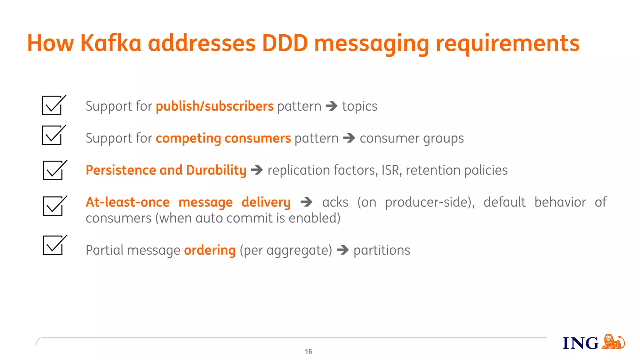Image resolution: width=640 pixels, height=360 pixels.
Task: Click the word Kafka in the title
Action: click(111, 43)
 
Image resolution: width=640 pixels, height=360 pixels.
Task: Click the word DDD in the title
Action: click(285, 43)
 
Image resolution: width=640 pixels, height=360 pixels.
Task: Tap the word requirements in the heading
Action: click(507, 44)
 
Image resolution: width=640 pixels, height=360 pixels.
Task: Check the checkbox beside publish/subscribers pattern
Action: click(52, 106)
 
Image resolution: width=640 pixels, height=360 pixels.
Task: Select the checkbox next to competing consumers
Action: click(52, 135)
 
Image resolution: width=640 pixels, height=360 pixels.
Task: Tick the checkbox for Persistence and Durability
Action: click(53, 171)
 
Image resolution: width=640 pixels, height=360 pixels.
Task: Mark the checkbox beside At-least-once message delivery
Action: click(53, 206)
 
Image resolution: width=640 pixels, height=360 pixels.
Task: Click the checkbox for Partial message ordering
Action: click(53, 245)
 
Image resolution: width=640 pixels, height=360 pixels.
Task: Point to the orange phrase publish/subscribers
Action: click(215, 106)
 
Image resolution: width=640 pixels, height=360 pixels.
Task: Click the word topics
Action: click(359, 107)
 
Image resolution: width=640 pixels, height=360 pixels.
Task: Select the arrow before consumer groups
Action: click(349, 138)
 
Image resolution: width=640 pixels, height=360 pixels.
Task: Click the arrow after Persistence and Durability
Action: click(257, 170)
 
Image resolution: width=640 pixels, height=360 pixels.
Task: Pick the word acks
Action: click(335, 202)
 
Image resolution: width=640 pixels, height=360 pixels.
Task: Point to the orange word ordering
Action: click(210, 250)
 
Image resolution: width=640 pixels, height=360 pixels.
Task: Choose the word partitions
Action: click(382, 250)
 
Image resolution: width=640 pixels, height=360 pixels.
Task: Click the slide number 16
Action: click(308, 352)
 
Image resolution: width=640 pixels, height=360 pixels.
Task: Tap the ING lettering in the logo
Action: click(580, 343)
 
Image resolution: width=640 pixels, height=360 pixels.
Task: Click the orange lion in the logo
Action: click(613, 342)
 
